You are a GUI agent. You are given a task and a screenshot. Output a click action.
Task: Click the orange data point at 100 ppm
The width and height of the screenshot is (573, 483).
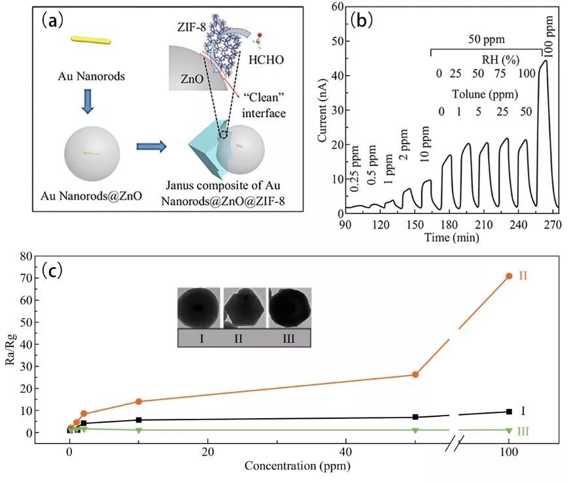[x=509, y=276]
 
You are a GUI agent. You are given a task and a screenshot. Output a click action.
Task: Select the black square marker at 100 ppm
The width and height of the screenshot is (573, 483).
[x=509, y=412]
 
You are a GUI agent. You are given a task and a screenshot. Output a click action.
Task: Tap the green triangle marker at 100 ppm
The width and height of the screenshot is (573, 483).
[x=509, y=430]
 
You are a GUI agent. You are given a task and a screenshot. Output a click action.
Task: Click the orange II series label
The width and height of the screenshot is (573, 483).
[x=523, y=276]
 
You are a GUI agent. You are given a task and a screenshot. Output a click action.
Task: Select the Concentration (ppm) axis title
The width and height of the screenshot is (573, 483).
[x=296, y=466]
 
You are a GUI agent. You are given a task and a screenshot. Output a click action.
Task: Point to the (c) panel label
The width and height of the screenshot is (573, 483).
[x=52, y=270]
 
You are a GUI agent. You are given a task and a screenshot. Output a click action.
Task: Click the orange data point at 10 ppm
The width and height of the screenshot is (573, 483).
[x=139, y=401]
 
